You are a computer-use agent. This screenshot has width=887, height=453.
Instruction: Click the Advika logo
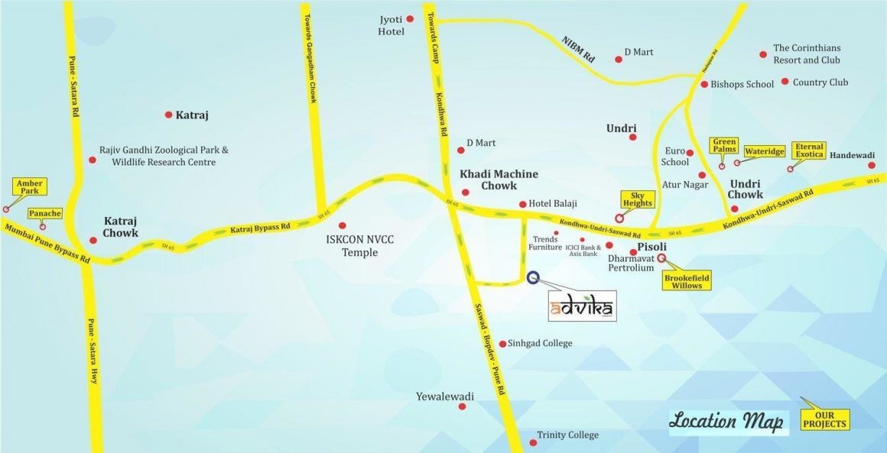[583, 307]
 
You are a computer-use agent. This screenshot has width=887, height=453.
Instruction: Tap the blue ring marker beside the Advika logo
[533, 278]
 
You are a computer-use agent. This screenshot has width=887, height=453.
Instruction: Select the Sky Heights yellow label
[637, 199]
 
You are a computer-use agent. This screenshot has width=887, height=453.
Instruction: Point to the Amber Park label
[29, 186]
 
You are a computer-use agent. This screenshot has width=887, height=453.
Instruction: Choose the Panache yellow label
[44, 214]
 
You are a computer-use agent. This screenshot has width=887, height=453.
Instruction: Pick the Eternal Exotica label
[809, 150]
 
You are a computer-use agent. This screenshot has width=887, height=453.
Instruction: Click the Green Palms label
[723, 145]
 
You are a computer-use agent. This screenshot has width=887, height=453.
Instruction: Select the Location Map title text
[726, 421]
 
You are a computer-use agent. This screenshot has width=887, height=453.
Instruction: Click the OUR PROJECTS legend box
[825, 419]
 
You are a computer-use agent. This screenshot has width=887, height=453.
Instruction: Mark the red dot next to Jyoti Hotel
[410, 19]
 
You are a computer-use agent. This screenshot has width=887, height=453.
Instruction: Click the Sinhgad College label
[540, 344]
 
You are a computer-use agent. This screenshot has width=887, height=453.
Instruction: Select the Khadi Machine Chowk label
[499, 180]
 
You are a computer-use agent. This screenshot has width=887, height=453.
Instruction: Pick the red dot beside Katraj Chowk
[93, 240]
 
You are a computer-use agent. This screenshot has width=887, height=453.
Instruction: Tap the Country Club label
[820, 82]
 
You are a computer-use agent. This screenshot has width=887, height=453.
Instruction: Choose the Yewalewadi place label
[445, 396]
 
